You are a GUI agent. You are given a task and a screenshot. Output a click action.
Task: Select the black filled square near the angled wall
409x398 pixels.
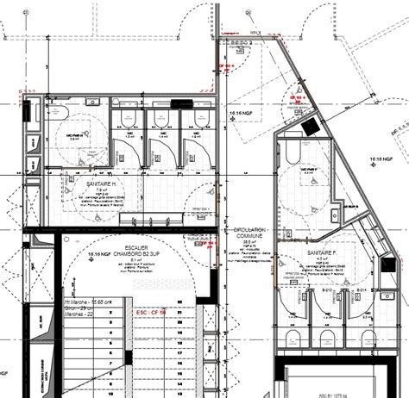310,126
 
